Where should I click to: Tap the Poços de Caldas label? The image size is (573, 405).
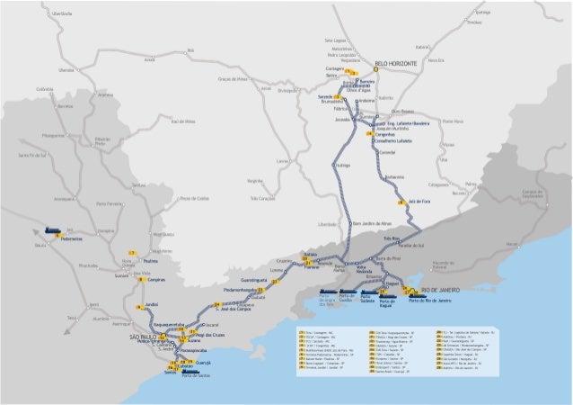coord(194,198)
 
